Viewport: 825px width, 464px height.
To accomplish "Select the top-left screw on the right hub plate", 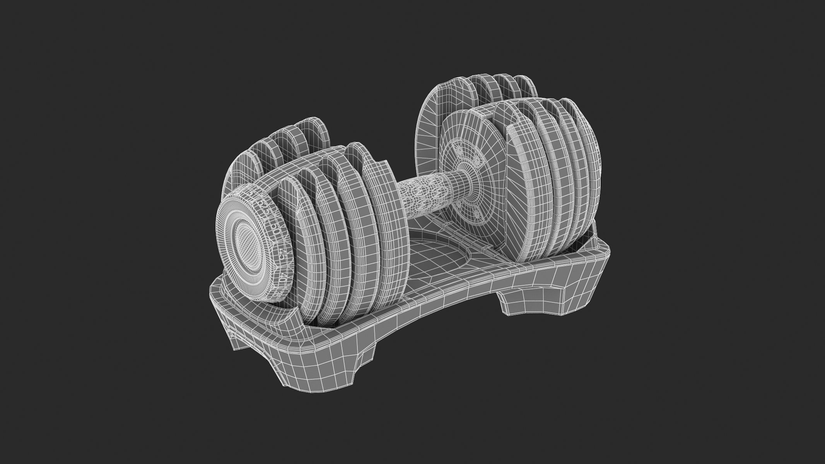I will point(459,148).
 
